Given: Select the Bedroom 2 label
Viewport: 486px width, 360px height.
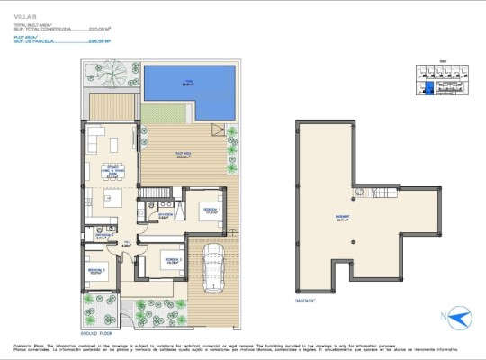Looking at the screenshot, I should click(x=171, y=262).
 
